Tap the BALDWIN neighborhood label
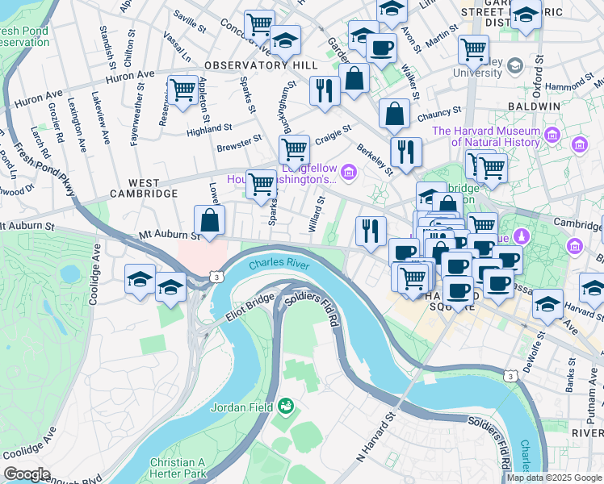[534, 106]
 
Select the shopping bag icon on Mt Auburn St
[210, 220]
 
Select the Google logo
[26, 474]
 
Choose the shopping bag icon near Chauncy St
[394, 115]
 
